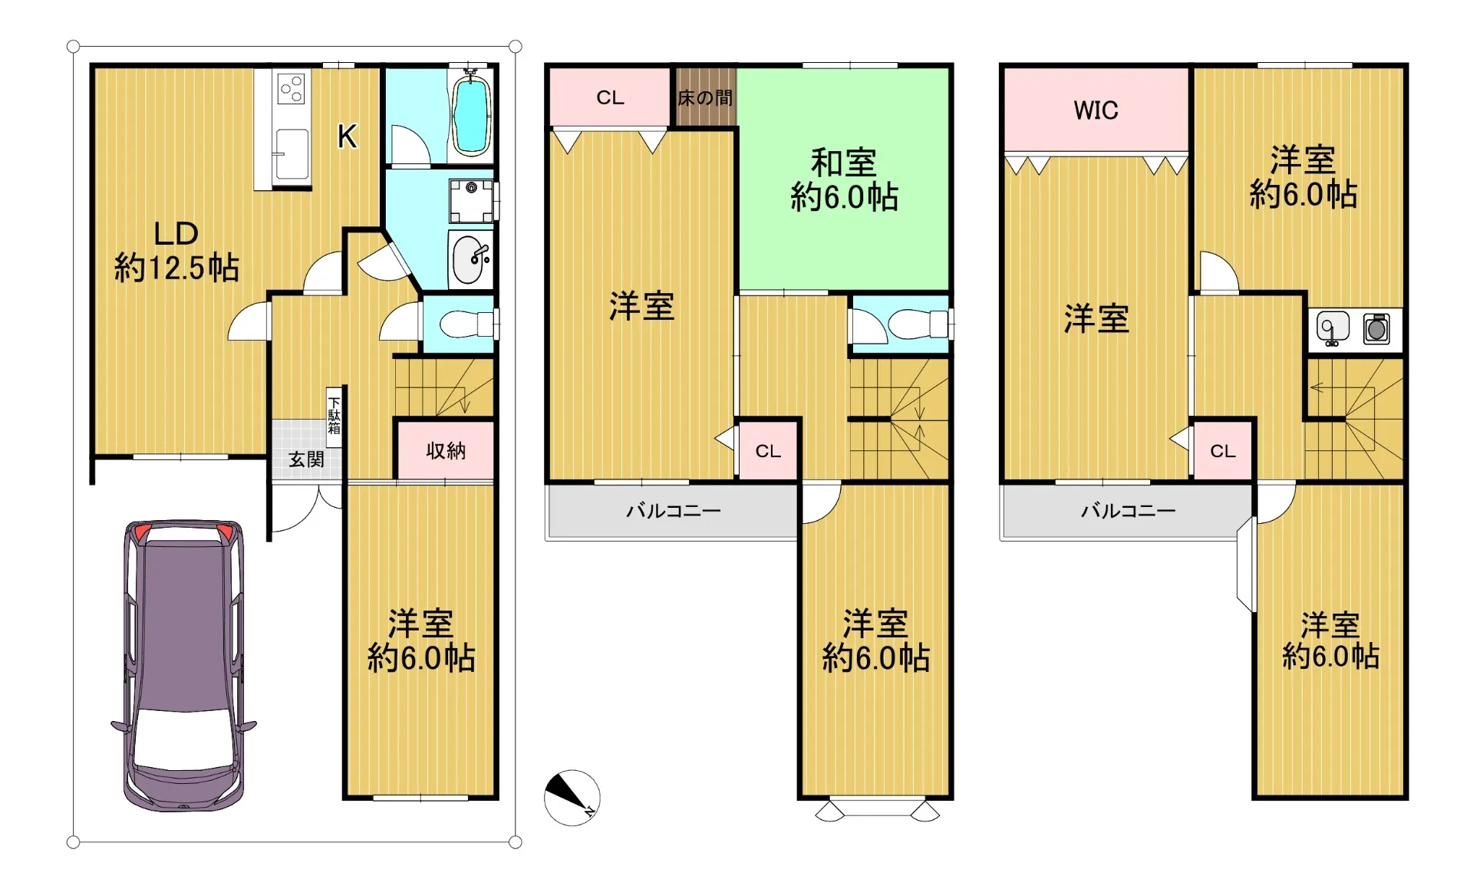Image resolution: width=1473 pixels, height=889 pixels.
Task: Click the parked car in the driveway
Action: [184, 665]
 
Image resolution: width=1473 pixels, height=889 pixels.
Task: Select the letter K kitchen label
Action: [347, 137]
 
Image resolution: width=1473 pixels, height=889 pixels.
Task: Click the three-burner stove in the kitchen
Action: [292, 88]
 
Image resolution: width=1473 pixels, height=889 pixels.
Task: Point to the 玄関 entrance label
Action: [306, 459]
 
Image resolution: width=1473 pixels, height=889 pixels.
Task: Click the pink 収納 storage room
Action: [445, 450]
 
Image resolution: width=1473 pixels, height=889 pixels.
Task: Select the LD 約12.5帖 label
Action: [176, 251]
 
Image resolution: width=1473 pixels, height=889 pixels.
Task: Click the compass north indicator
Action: [572, 798]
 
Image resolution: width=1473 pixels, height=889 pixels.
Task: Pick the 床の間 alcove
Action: [705, 97]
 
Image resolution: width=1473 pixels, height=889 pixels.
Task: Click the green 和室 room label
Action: [844, 180]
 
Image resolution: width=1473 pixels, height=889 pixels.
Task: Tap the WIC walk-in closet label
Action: [1096, 110]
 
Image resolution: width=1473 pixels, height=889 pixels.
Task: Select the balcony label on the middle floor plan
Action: [673, 511]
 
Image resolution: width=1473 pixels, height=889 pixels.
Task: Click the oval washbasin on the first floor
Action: [470, 259]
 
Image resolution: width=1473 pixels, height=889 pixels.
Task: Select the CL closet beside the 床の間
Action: [610, 97]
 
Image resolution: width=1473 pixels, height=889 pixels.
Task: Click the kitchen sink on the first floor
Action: [292, 154]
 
